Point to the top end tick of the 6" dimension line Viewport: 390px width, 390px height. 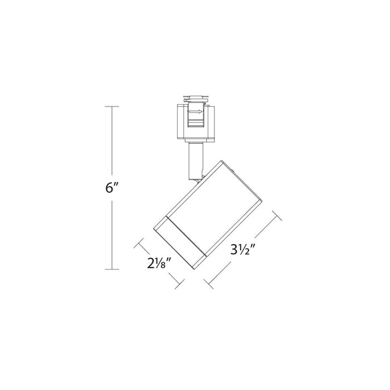[x=114, y=106]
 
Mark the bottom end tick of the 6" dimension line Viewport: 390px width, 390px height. [x=114, y=269]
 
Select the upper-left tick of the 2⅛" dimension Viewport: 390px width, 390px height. [x=139, y=243]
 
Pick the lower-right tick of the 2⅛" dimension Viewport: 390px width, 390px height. [x=178, y=282]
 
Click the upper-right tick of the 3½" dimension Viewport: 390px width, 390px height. [x=274, y=216]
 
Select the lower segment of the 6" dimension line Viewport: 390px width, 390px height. [x=114, y=234]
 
